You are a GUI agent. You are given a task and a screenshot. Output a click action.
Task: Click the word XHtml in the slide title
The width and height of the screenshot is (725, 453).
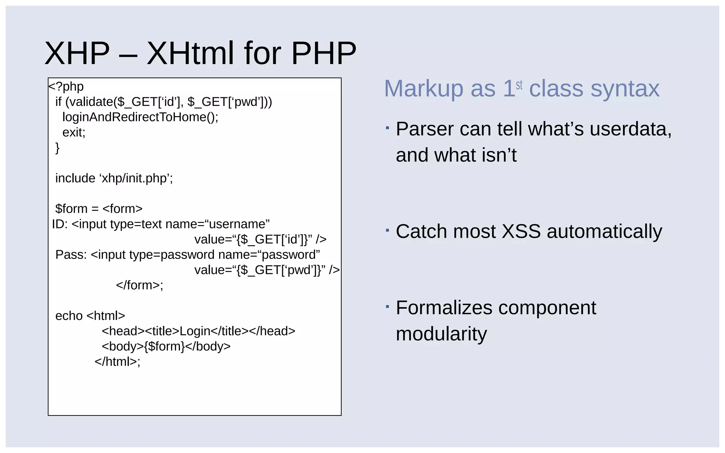pos(190,53)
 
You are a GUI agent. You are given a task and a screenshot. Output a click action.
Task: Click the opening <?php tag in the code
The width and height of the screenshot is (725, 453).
pos(66,87)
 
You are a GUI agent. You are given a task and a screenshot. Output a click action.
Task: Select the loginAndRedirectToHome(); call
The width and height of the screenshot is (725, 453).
pos(140,117)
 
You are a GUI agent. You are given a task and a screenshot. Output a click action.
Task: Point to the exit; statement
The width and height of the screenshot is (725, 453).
pos(74,132)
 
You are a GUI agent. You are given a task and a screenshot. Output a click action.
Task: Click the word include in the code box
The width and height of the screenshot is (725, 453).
pos(75,178)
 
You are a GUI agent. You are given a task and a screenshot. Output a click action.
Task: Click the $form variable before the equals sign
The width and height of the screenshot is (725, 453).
pos(71,209)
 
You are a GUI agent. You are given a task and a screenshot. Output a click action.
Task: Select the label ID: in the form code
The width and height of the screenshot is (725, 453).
pos(59,224)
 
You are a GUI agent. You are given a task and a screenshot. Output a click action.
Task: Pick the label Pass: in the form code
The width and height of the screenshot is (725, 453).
pos(71,255)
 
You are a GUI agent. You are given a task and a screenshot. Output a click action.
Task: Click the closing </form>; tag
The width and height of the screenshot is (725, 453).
pos(139,285)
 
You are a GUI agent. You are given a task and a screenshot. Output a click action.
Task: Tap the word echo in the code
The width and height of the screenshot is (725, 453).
pos(69,316)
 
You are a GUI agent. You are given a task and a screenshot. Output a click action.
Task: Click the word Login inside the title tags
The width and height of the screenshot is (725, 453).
pos(195,331)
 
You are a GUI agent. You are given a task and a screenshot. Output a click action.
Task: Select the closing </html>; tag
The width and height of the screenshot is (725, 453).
pos(117,362)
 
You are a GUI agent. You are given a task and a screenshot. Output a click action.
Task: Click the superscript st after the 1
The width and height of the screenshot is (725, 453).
pos(519,85)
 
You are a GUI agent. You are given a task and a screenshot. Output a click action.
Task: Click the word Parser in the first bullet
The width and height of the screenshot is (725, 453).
pos(424,129)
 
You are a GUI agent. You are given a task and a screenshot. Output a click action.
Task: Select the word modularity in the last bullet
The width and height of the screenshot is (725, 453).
pos(441,334)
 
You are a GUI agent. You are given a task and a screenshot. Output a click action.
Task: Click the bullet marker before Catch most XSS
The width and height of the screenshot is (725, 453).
pos(387,230)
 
